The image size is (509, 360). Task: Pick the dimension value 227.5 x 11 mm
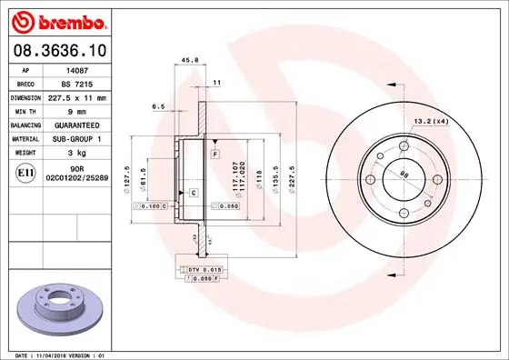tap(77, 96)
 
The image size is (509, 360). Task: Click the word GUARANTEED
tap(77, 124)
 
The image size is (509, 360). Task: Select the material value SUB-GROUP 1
tap(77, 137)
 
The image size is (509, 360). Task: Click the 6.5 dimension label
tap(159, 106)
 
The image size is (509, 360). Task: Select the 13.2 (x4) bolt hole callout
tap(431, 121)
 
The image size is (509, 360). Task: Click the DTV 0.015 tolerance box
tap(200, 270)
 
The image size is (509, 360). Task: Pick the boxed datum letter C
tap(194, 193)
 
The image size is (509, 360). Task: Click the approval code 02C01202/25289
tap(77, 178)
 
